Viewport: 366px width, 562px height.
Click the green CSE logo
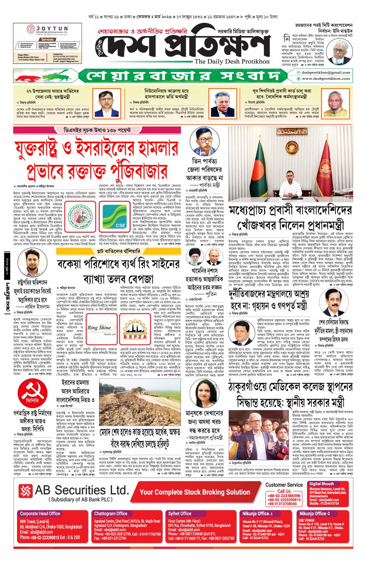point(114,217)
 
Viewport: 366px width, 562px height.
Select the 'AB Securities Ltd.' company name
point(81,490)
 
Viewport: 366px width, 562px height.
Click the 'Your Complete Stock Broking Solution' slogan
point(195,492)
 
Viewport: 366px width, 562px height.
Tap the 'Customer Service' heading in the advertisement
point(284,485)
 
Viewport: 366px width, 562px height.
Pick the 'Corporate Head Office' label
point(40,514)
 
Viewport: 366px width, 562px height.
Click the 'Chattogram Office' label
point(111,514)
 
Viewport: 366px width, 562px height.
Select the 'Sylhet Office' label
point(180,514)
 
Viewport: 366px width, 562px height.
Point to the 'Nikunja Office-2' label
point(314,514)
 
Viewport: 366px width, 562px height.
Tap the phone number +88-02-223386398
point(284,496)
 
